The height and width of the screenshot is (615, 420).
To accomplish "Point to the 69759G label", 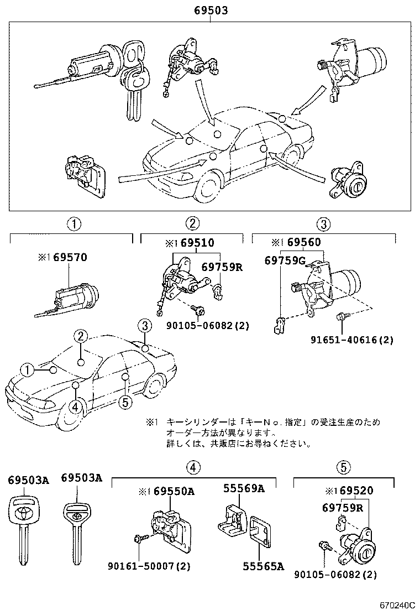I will (x=285, y=260).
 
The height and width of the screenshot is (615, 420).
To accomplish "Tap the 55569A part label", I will (x=244, y=488).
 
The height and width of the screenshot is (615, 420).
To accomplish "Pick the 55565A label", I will (x=263, y=566).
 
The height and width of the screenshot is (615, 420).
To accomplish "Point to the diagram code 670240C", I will (x=397, y=606).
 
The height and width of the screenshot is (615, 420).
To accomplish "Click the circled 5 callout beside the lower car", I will (x=125, y=402).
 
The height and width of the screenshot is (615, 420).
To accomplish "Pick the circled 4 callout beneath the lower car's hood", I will (x=75, y=406).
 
